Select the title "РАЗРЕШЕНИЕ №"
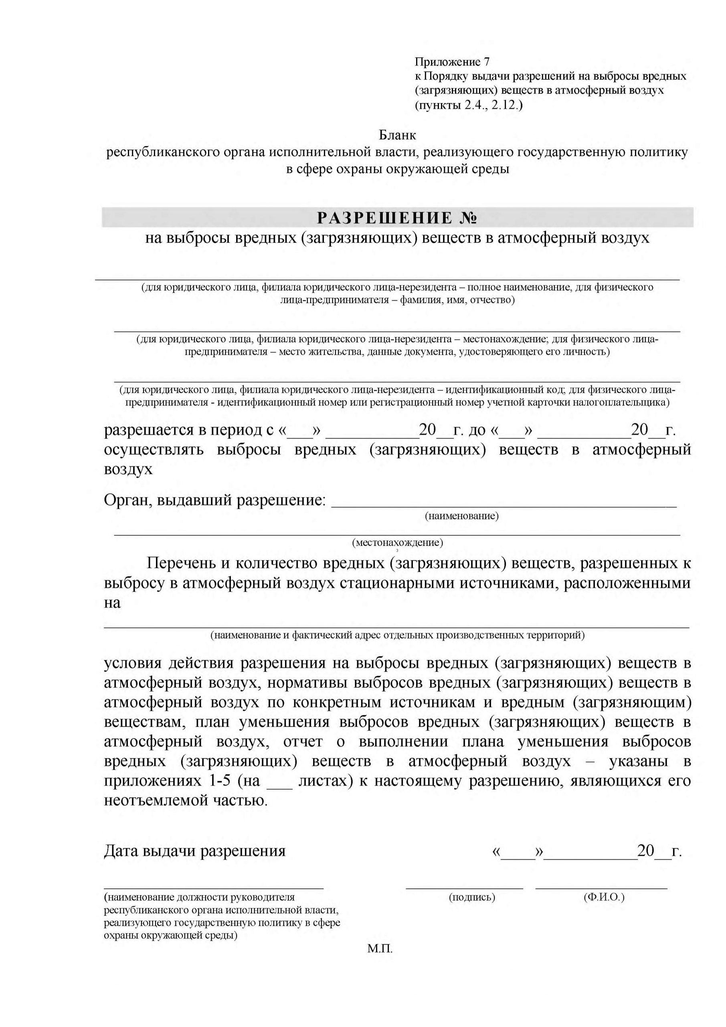tap(397, 218)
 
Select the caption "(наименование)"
tap(462, 516)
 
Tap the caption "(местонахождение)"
tap(397, 542)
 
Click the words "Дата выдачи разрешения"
tap(194, 850)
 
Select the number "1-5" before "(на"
tap(219, 781)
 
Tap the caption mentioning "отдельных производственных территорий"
tap(397, 635)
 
